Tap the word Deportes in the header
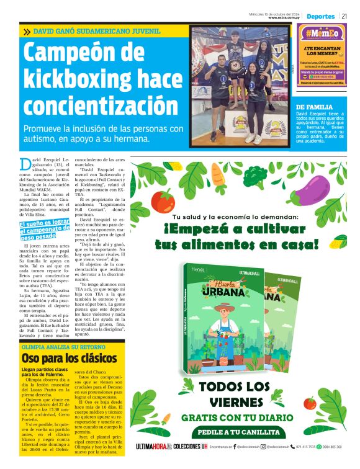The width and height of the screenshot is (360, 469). pos(320,16)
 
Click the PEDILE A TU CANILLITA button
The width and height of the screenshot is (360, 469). pos(239,432)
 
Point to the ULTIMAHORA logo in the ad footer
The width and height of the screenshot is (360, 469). pos(153,446)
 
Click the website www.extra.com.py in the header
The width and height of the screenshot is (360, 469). pos(285,18)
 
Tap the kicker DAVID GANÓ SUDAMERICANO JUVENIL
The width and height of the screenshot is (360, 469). pos(97,30)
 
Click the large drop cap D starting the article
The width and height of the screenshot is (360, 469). pos(25,164)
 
